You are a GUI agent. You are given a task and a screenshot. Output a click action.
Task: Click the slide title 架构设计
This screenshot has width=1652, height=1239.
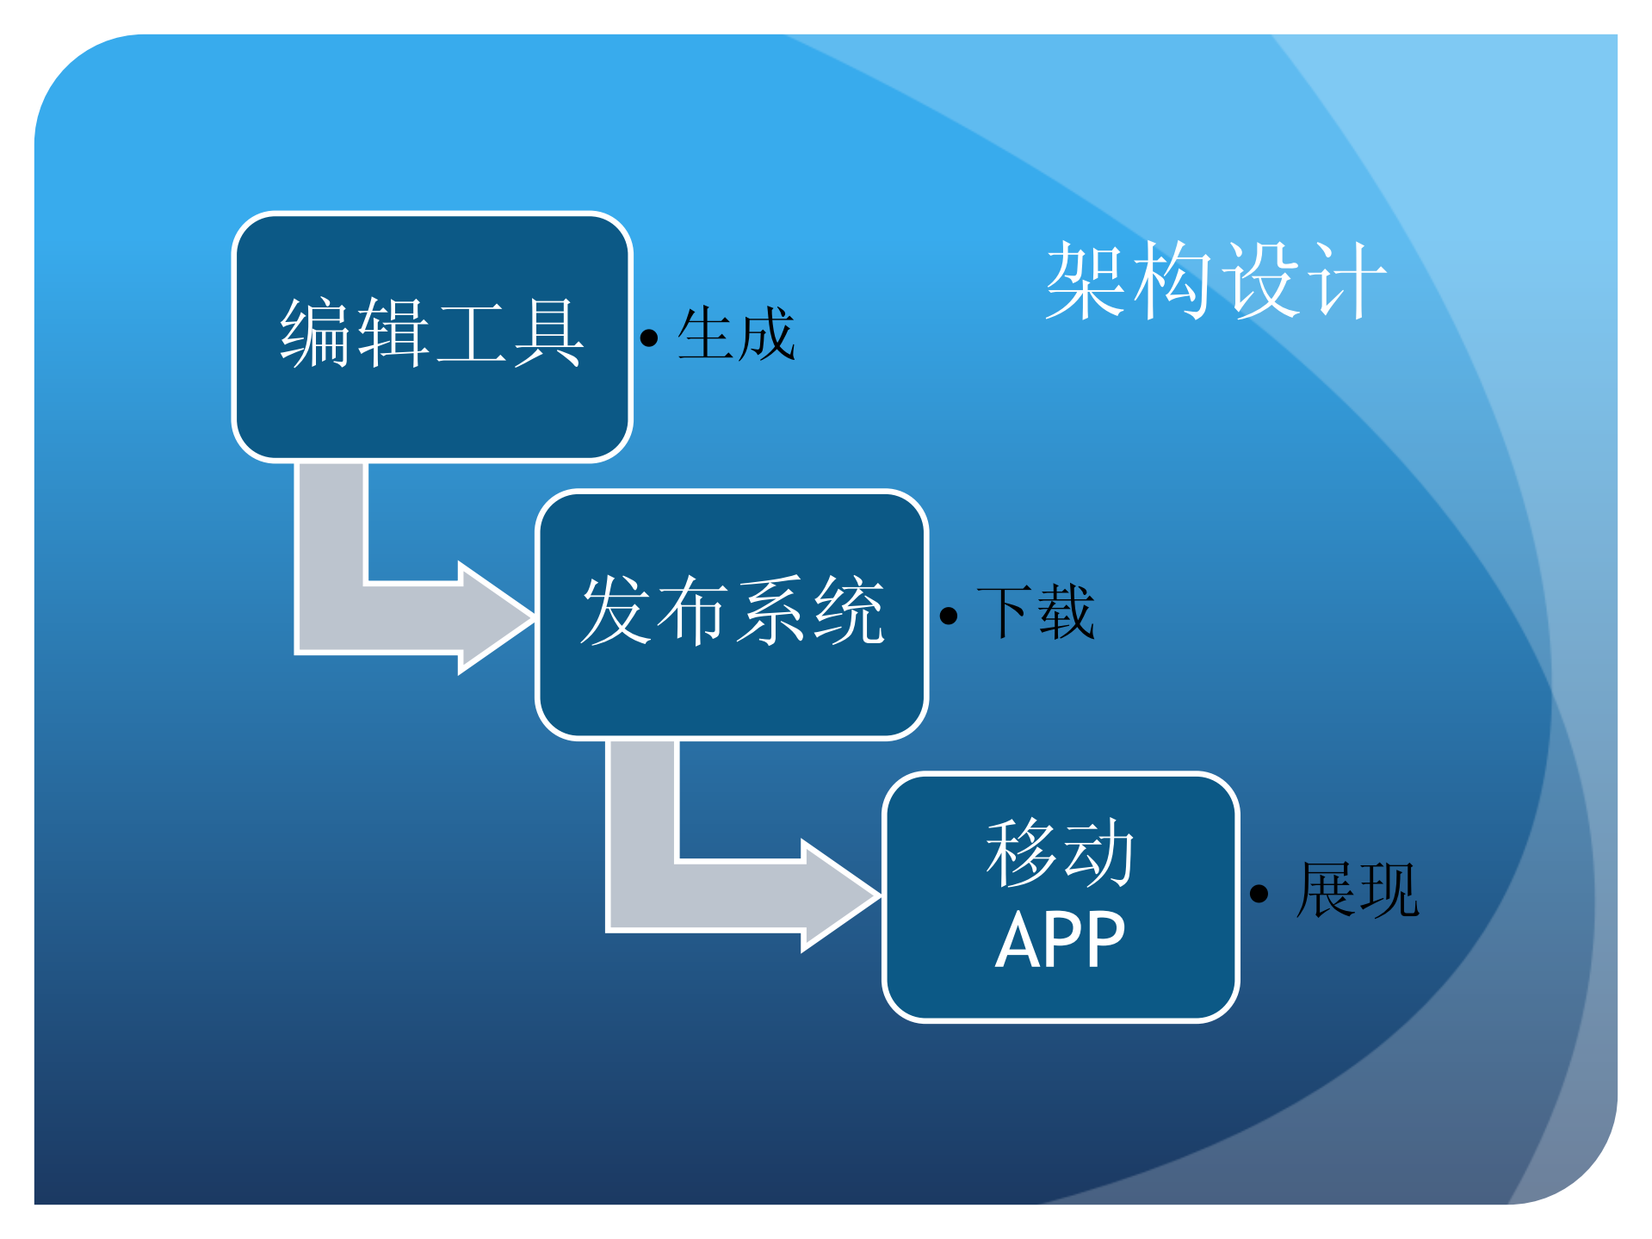coord(1215,281)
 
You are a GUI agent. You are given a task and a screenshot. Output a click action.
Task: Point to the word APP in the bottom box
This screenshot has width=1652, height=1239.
coord(1061,940)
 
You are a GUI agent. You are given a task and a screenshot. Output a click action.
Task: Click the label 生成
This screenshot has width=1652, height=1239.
coord(736,334)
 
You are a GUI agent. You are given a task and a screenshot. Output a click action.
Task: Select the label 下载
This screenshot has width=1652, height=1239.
coord(1036,612)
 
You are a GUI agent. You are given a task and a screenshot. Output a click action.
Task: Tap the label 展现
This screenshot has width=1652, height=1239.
coord(1358,890)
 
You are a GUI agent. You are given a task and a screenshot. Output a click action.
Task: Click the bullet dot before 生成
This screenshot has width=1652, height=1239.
coord(649,338)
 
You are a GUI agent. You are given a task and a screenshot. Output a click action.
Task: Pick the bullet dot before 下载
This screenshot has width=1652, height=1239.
coord(949,616)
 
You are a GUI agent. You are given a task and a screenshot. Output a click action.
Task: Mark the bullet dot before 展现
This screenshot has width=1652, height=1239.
coord(1259,894)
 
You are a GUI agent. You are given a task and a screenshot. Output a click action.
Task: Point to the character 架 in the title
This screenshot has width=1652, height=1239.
coord(1086,281)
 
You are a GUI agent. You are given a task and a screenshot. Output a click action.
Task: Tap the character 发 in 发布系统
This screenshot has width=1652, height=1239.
coord(616,610)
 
